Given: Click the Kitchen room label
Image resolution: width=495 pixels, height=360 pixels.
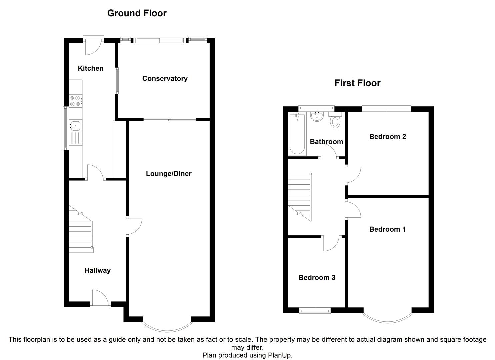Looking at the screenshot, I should (x=91, y=68).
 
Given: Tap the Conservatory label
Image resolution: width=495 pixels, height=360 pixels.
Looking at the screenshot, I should (x=165, y=79).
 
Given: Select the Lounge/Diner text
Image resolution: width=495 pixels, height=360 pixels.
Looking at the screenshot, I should (x=169, y=174).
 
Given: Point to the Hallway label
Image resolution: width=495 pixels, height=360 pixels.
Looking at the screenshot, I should (x=97, y=270).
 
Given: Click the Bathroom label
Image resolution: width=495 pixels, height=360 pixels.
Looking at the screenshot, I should (x=326, y=142).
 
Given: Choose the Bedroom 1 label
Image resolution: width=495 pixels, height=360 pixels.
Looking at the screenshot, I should (x=387, y=229).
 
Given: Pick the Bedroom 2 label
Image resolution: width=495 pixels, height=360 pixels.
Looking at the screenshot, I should (x=387, y=137).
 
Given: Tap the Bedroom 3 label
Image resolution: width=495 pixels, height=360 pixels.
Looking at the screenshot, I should (x=317, y=278).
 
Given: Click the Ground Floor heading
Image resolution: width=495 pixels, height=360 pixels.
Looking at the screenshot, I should (x=137, y=13).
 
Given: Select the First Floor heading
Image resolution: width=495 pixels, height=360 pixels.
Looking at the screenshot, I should (x=357, y=83).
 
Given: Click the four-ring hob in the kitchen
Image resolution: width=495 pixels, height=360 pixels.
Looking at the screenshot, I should (x=75, y=101).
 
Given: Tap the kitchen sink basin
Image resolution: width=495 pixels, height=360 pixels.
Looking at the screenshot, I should (x=75, y=126).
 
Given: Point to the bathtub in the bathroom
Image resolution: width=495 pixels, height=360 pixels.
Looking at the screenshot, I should (x=297, y=134).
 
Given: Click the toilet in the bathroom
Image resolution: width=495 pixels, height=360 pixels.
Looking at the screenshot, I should (x=335, y=120).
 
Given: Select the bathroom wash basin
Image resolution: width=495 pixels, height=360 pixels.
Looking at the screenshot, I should (x=316, y=117).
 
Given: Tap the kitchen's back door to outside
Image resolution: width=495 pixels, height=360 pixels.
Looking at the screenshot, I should (x=93, y=45).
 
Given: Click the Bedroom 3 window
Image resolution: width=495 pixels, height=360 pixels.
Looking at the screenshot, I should (x=315, y=311).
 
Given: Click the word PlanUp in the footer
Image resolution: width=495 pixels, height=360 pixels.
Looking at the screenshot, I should (x=279, y=355).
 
